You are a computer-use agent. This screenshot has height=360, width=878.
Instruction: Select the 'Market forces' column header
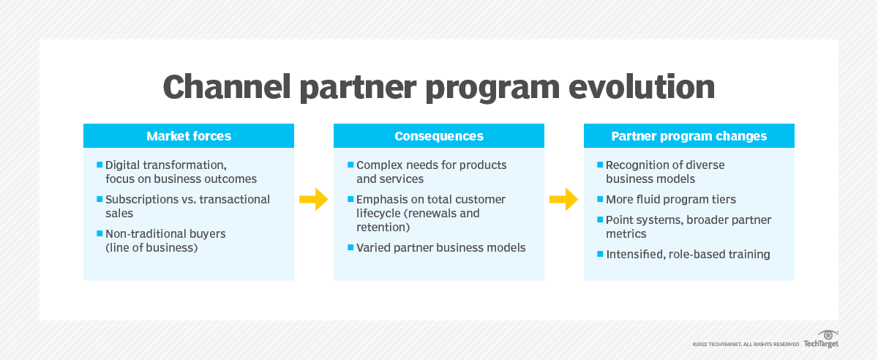click(x=189, y=136)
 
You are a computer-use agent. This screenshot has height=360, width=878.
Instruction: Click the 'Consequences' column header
click(x=439, y=136)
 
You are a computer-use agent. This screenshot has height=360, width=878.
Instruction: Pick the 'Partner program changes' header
click(x=689, y=136)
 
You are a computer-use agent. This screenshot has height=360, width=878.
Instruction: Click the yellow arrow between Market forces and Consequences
click(x=314, y=199)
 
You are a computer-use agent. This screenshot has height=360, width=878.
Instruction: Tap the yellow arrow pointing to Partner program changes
click(x=564, y=199)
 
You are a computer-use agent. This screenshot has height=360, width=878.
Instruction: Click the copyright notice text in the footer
click(x=746, y=344)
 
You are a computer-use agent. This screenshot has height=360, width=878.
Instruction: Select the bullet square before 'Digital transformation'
click(x=100, y=165)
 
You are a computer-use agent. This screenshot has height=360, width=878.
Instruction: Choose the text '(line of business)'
click(x=151, y=248)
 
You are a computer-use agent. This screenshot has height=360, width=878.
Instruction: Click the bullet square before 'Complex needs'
click(x=350, y=165)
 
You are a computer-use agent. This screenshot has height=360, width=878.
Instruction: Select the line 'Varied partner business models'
click(x=441, y=248)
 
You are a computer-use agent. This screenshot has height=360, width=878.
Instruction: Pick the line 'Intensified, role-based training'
click(x=688, y=255)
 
